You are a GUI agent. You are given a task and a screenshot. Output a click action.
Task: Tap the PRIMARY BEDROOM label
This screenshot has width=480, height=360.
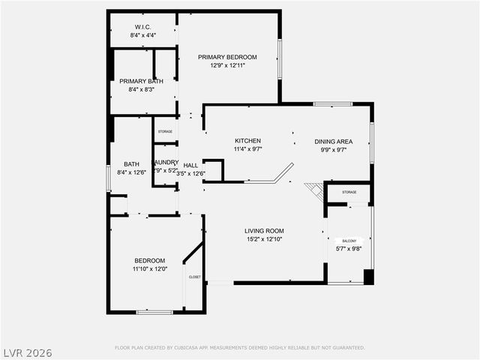[227, 57]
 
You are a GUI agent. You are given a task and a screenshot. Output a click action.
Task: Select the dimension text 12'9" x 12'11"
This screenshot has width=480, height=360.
[227, 66]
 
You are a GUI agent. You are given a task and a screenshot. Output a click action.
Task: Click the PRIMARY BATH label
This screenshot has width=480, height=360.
[141, 81]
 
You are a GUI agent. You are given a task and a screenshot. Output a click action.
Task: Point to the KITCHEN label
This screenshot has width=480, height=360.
[247, 141]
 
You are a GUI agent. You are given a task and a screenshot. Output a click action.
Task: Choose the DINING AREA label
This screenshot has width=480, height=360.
[333, 141]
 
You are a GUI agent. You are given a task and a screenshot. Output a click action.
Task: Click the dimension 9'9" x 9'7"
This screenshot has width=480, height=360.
[333, 150]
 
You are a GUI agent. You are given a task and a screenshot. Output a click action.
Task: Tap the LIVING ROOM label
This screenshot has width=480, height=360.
[264, 231]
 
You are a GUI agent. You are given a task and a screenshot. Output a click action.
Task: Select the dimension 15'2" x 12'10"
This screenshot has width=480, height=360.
[264, 240]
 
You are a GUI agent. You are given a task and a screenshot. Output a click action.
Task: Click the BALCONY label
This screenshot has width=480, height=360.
[349, 241]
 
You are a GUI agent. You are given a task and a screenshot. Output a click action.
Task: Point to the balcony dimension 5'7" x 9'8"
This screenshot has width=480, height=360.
[349, 249]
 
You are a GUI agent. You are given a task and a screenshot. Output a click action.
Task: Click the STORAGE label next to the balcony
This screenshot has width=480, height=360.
[349, 192]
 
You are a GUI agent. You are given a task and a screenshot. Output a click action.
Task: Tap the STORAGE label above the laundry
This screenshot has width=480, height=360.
[164, 132]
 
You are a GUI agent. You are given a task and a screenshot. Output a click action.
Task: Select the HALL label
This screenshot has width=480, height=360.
[190, 165]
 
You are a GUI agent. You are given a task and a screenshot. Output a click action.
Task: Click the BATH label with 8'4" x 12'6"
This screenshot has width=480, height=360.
[131, 165]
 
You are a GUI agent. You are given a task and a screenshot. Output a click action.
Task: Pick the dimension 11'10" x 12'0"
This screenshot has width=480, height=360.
[150, 269]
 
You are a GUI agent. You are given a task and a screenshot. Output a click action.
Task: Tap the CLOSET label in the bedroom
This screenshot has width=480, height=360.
[194, 277]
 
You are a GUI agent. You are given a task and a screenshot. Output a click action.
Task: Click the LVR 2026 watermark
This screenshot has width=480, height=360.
[27, 351]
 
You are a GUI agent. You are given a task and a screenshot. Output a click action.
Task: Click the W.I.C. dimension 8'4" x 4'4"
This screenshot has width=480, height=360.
[142, 35]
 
